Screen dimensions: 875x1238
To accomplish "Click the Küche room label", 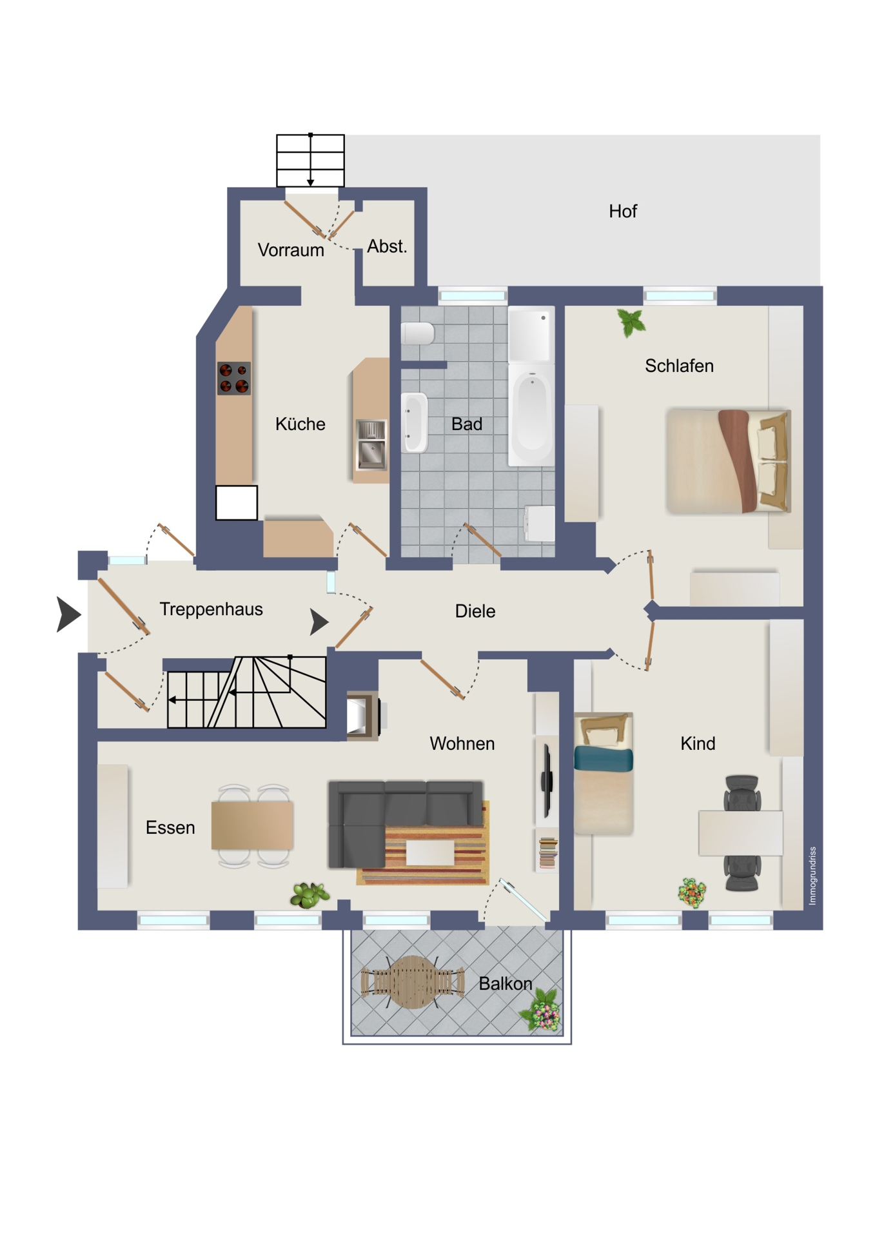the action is (x=300, y=424).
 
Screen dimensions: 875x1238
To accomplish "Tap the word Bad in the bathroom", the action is (x=466, y=424).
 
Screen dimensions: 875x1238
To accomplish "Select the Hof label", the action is (x=623, y=211).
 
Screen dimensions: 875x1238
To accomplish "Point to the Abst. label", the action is (x=387, y=246).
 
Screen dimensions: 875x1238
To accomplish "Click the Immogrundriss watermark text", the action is (x=812, y=876).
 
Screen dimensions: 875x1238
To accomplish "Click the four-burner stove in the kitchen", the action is (x=233, y=378).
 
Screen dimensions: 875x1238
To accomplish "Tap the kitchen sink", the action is (x=371, y=444).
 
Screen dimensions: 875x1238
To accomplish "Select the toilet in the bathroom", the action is (x=418, y=333).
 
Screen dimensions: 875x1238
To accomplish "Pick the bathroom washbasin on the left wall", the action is (x=415, y=422).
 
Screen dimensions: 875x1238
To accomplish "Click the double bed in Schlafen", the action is (x=729, y=460).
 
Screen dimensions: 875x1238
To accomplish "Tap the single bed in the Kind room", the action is (x=604, y=773).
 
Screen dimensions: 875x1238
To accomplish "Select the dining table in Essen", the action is (x=252, y=825).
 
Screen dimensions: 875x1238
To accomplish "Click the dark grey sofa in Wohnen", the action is (x=405, y=822).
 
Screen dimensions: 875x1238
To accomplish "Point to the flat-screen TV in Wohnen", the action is (x=547, y=780).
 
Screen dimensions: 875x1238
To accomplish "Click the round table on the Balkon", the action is (x=413, y=982).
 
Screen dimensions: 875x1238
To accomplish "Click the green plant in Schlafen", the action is (x=631, y=322).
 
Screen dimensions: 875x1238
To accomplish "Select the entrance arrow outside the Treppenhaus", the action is (x=68, y=614).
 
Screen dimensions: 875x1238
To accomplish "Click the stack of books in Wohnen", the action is (x=548, y=852).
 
